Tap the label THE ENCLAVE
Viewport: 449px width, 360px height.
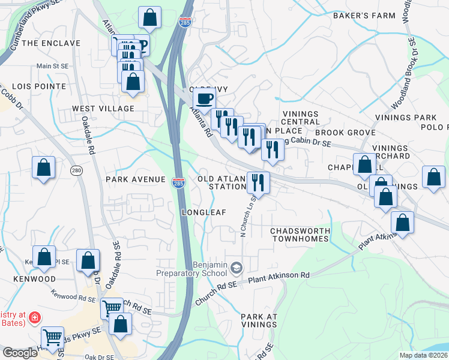click(51, 43)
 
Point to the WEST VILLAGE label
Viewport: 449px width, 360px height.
click(103, 109)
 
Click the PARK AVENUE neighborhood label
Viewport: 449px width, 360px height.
click(135, 179)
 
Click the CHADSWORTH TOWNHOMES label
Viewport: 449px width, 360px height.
click(300, 235)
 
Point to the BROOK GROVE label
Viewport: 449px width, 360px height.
click(345, 133)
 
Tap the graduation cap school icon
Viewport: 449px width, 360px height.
click(237, 267)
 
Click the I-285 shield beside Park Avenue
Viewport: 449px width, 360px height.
click(178, 181)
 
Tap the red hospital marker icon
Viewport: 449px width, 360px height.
click(35, 316)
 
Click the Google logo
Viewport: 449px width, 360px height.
click(20, 353)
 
